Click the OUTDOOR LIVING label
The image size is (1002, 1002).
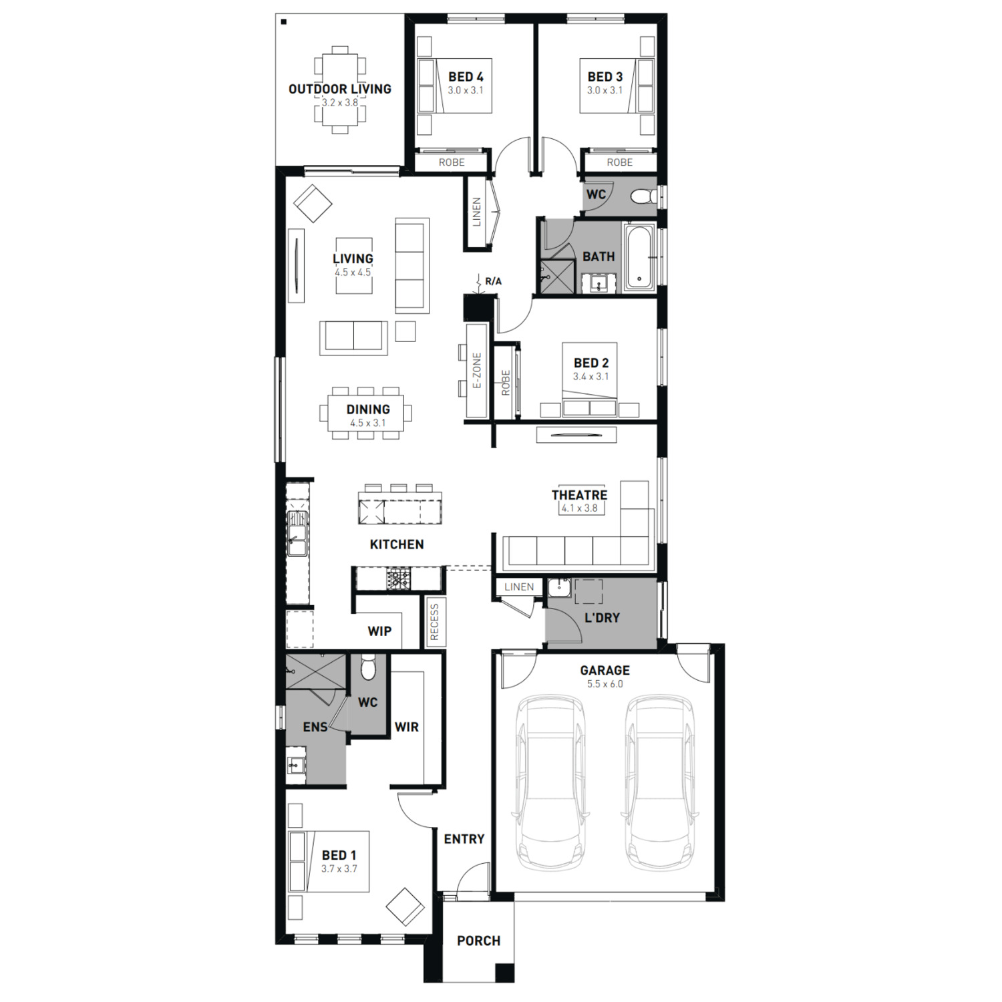[x=339, y=89]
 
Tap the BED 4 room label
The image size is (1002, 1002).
[x=466, y=77]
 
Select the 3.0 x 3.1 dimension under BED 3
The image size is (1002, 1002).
[x=605, y=90]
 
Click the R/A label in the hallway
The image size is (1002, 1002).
[x=493, y=281]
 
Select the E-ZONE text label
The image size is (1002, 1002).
[x=477, y=371]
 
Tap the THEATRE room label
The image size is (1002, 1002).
[x=579, y=495]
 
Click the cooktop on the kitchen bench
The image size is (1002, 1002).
[x=399, y=578]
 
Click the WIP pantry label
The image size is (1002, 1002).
[x=379, y=631]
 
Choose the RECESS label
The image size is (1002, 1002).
[x=435, y=622]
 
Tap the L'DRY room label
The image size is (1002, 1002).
[x=602, y=618]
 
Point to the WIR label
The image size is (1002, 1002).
[x=407, y=727]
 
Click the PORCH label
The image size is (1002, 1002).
[x=478, y=941]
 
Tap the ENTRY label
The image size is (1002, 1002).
[x=464, y=839]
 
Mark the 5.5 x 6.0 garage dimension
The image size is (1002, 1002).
[x=605, y=684]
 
